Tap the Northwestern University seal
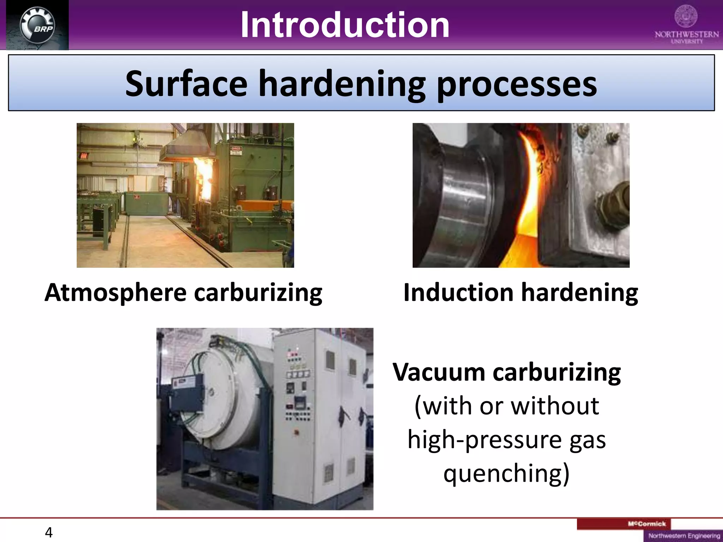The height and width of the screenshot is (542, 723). click(x=686, y=16)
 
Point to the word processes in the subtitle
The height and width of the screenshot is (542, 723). click(x=516, y=85)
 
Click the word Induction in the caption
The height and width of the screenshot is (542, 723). click(x=458, y=293)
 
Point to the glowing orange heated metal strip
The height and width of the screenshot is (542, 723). click(x=526, y=198)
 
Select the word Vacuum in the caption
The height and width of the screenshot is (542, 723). click(x=439, y=372)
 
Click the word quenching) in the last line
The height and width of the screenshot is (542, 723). click(x=506, y=473)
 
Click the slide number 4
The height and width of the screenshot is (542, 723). click(x=49, y=532)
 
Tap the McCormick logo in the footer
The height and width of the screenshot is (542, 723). click(x=647, y=524)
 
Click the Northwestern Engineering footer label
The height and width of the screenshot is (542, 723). click(x=684, y=536)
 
